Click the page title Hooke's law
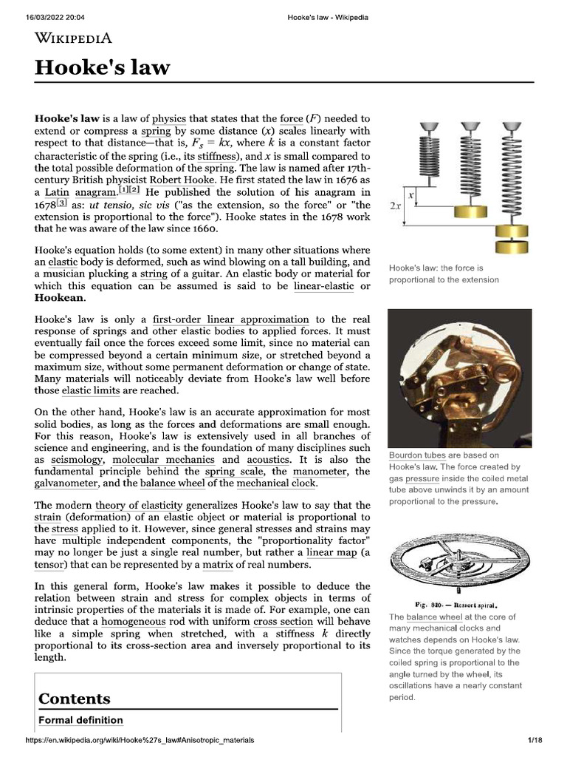(x=102, y=68)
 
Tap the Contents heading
(x=75, y=699)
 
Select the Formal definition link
(x=80, y=720)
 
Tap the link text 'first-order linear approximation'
(x=231, y=319)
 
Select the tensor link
(x=49, y=565)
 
